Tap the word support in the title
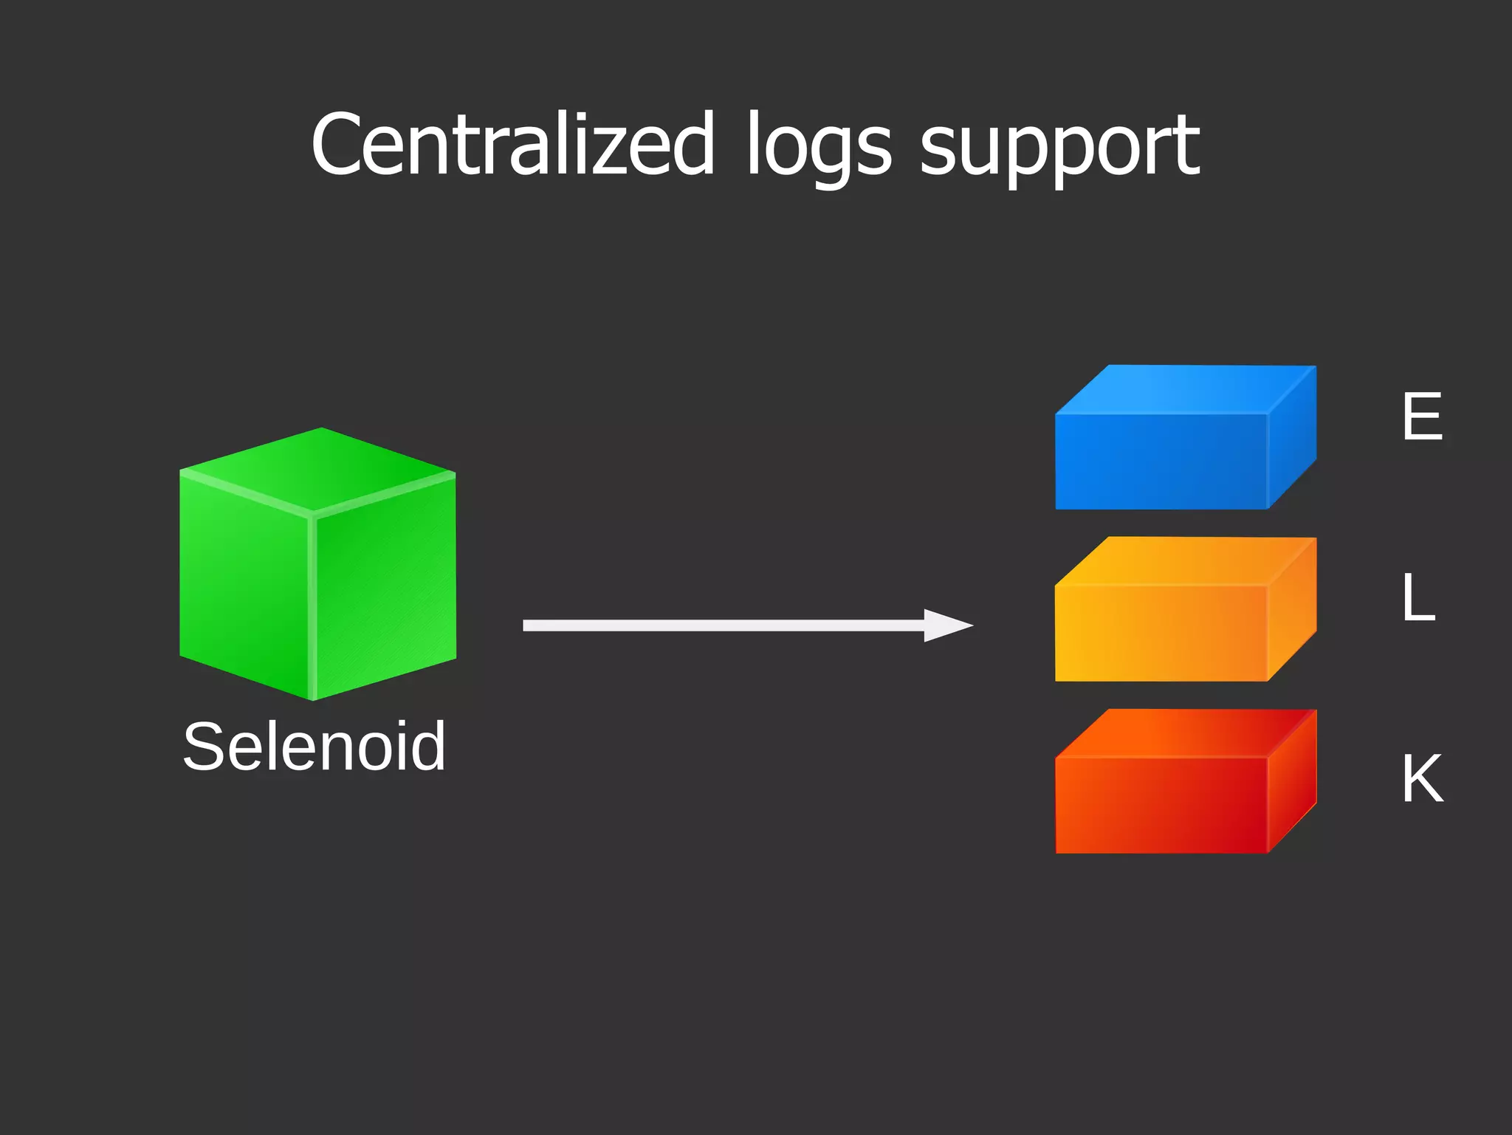pyautogui.click(x=1059, y=148)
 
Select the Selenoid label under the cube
pyautogui.click(x=315, y=747)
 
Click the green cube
pyautogui.click(x=317, y=565)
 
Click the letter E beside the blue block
pyautogui.click(x=1422, y=416)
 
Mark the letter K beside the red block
pyautogui.click(x=1422, y=778)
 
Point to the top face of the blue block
pyautogui.click(x=1185, y=389)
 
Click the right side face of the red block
pyautogui.click(x=1293, y=783)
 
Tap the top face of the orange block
pyautogui.click(x=1185, y=561)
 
